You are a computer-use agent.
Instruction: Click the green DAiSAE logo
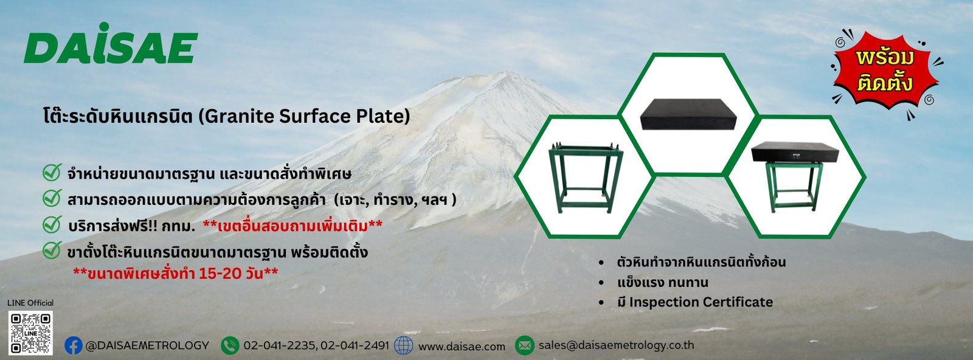(111, 43)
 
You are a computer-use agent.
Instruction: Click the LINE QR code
(30, 333)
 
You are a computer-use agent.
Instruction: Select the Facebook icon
(74, 345)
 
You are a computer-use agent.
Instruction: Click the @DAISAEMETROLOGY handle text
(147, 345)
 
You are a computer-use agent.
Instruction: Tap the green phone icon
(230, 345)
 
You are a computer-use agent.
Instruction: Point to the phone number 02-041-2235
(279, 345)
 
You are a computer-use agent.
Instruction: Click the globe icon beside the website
(403, 345)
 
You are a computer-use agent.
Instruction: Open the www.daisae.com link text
(462, 347)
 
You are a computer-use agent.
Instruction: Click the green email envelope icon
(524, 345)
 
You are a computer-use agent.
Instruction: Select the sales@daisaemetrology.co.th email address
(617, 345)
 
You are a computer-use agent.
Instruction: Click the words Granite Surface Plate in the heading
(306, 116)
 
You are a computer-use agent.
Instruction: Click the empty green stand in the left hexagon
(586, 178)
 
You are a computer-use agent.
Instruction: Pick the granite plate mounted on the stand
(795, 152)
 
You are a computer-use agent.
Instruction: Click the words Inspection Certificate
(701, 302)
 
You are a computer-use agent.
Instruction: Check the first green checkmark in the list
(52, 173)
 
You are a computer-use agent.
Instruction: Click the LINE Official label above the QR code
(30, 303)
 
